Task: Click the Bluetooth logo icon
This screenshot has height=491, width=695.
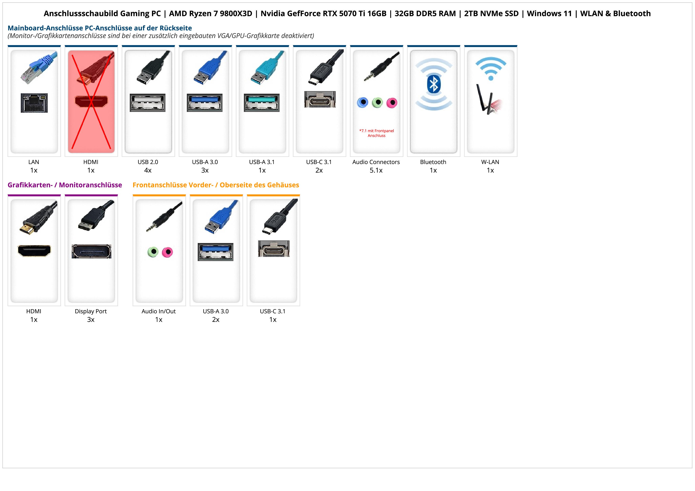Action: pos(433,84)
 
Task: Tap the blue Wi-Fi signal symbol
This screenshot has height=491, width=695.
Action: pos(491,69)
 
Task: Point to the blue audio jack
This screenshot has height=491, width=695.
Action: pos(363,103)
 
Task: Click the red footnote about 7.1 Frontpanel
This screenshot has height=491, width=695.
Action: pos(377,133)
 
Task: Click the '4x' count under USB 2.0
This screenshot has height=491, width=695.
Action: pos(148,170)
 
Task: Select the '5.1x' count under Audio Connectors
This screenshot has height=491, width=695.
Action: pos(376,170)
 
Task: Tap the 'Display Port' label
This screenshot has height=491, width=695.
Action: pos(91,311)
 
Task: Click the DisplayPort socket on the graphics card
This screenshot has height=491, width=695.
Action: pos(91,251)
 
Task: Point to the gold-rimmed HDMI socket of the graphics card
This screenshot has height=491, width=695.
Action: pos(34,251)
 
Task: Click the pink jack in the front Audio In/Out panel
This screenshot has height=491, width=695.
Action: pos(167,252)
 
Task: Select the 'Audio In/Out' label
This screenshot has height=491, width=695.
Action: pos(159,311)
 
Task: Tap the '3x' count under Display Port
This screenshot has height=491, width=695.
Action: pos(91,320)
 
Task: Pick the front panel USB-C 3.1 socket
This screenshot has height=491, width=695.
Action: pos(274,249)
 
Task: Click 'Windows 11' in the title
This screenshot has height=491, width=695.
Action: pos(549,14)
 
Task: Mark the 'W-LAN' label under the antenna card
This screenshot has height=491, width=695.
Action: pos(490,162)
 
